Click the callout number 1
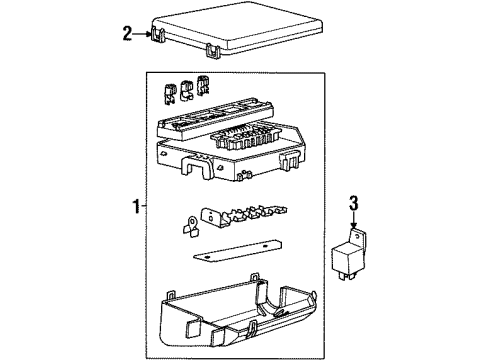[136, 207]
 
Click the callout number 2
[127, 34]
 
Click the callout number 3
[353, 203]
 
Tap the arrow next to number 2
[142, 34]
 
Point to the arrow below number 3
[353, 220]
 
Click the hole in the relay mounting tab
[357, 237]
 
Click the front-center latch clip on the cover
[214, 51]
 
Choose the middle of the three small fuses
[186, 90]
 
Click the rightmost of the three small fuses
[202, 85]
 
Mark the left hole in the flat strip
[207, 258]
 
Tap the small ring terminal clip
[191, 227]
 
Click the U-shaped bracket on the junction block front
[197, 168]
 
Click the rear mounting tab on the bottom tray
[255, 277]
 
